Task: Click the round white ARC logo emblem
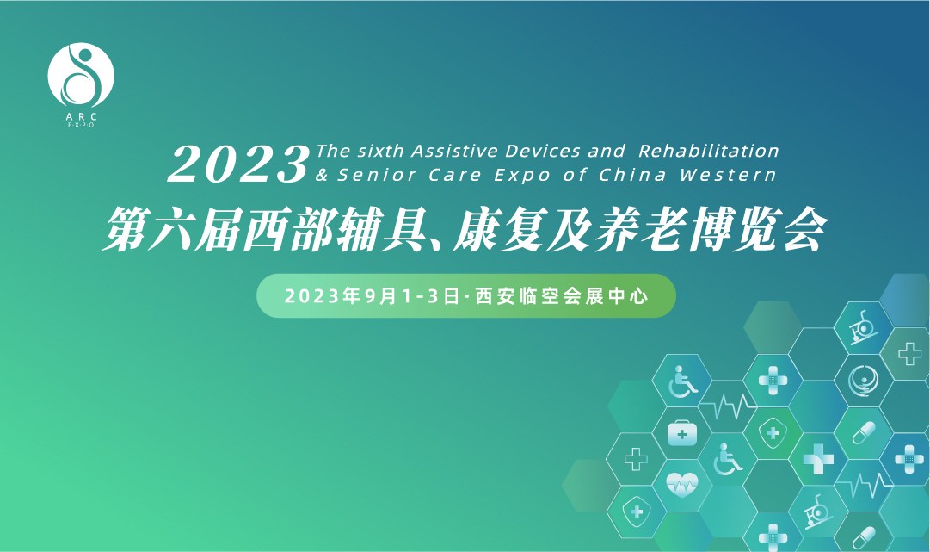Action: tap(81, 76)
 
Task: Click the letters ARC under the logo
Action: tap(81, 117)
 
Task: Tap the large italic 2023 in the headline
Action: tap(239, 164)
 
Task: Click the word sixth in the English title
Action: tap(380, 151)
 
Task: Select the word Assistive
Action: tap(454, 151)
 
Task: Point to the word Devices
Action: tap(543, 151)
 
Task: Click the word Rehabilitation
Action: tap(709, 151)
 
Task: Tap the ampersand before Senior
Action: tap(322, 175)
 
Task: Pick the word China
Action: tap(632, 175)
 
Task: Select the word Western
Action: tap(728, 175)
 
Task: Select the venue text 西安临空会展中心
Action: tap(562, 295)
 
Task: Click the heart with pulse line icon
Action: tap(682, 484)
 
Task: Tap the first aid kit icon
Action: tap(682, 433)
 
